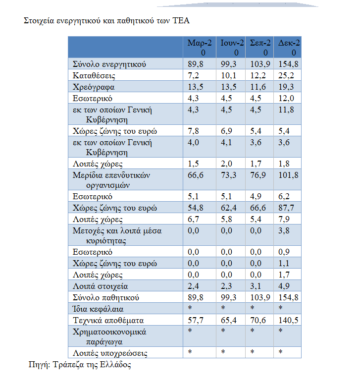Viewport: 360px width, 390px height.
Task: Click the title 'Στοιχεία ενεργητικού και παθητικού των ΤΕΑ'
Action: click(107, 21)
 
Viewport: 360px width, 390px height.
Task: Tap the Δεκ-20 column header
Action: click(289, 48)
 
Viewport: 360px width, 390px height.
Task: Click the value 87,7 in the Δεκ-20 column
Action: click(286, 208)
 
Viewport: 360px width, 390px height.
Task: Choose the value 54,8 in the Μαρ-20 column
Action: click(197, 208)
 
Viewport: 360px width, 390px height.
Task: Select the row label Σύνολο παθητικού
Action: click(105, 298)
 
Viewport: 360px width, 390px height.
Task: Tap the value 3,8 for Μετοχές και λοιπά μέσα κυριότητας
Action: click(284, 230)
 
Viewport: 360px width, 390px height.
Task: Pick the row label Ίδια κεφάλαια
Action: click(98, 309)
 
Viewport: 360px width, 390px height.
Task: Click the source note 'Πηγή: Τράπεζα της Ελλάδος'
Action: click(79, 365)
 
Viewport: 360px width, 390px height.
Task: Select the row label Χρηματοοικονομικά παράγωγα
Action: click(109, 336)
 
